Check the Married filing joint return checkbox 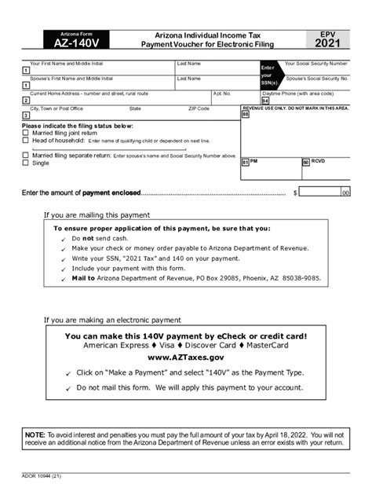click(25, 133)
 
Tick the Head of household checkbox click(25, 141)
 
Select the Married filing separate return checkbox click(25, 156)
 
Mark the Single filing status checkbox click(25, 163)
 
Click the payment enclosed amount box click(325, 191)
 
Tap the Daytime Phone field click(310, 101)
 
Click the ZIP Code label click(199, 108)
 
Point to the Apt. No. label click(222, 93)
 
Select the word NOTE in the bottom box click(34, 434)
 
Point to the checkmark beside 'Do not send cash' click(64, 238)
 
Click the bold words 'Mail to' click(83, 278)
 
